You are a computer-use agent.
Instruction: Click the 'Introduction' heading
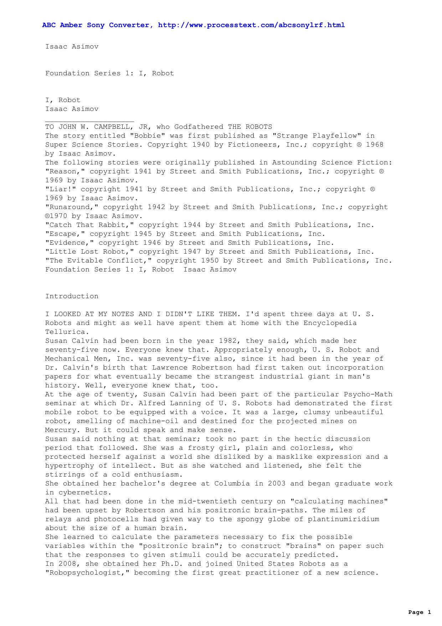72,296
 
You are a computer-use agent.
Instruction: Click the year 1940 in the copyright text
201,144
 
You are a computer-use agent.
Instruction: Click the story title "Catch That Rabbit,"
89,225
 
